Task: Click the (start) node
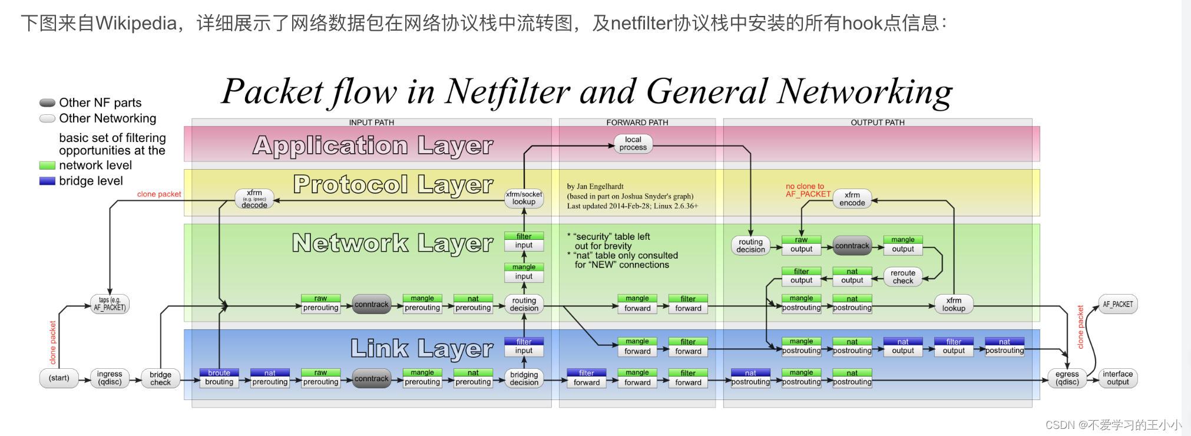point(59,378)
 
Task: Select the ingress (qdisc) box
point(110,378)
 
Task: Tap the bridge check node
point(160,378)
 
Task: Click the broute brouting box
point(219,378)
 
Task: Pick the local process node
point(633,144)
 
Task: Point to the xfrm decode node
point(254,199)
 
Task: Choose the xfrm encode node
point(852,199)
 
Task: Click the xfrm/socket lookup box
point(524,198)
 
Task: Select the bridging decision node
point(524,378)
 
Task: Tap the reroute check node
point(903,277)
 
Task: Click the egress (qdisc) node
point(1067,378)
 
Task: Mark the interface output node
point(1117,378)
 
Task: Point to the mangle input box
point(524,272)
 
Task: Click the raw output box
point(801,245)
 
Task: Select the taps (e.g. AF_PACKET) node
point(110,304)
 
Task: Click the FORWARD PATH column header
point(637,123)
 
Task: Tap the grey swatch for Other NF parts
point(47,103)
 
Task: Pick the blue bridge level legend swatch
point(47,181)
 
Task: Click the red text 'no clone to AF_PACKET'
point(807,190)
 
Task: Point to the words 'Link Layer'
point(422,349)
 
